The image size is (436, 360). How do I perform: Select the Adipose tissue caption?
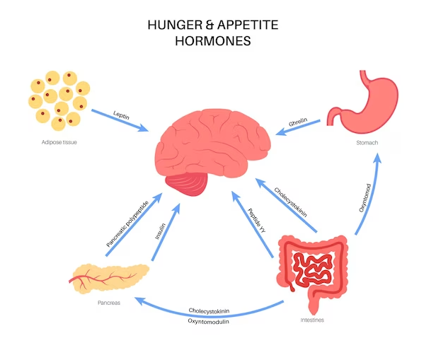[59, 142]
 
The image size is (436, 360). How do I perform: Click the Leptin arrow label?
[121, 115]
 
